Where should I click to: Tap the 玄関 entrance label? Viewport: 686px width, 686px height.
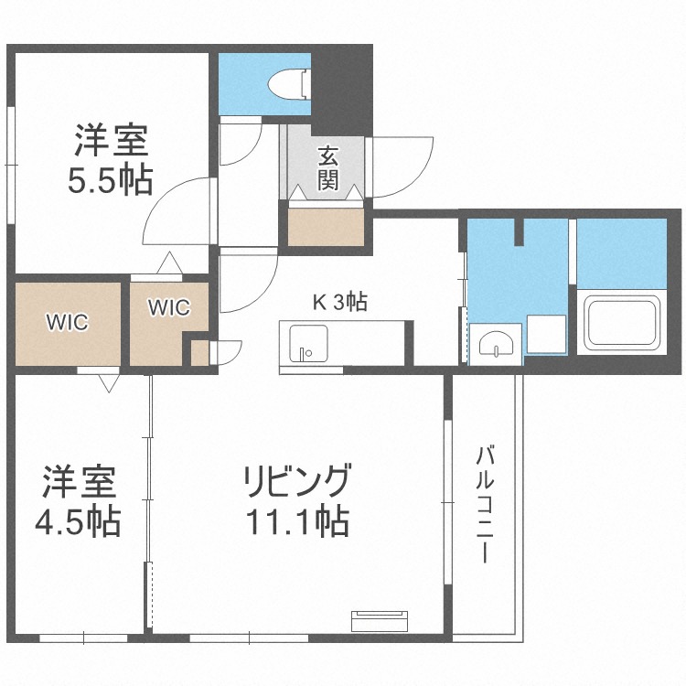(328, 167)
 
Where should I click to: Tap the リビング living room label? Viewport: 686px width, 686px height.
(296, 481)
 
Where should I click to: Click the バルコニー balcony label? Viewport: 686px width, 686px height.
(486, 504)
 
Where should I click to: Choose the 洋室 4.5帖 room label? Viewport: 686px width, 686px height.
(78, 502)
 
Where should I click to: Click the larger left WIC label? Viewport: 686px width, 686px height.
(67, 322)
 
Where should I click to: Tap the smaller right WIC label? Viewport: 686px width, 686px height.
(169, 307)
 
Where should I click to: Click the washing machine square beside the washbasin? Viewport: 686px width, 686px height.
(545, 334)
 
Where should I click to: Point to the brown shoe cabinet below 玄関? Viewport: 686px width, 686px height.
(327, 227)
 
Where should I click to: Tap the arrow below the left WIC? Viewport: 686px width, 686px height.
(108, 382)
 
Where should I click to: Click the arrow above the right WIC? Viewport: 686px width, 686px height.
(169, 264)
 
